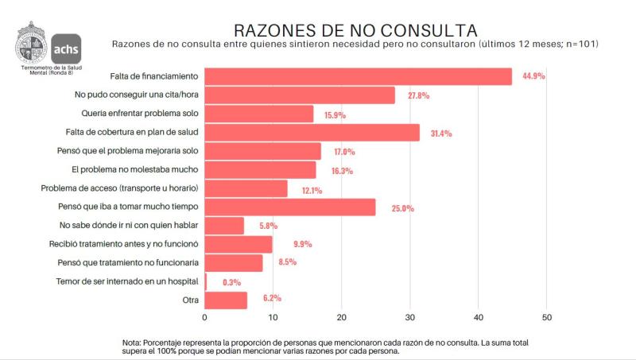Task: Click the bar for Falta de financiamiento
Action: tap(358, 76)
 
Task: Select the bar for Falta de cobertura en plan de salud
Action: tap(312, 133)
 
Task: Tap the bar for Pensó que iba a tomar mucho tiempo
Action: tap(289, 207)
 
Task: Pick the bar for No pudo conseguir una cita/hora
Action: tap(300, 95)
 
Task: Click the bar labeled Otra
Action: tap(226, 300)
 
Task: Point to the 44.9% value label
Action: tap(534, 77)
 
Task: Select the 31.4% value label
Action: tap(440, 134)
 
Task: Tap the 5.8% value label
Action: tap(268, 226)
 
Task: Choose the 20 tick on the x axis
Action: tap(341, 318)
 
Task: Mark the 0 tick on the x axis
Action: tap(205, 318)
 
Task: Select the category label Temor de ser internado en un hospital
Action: tap(127, 281)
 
